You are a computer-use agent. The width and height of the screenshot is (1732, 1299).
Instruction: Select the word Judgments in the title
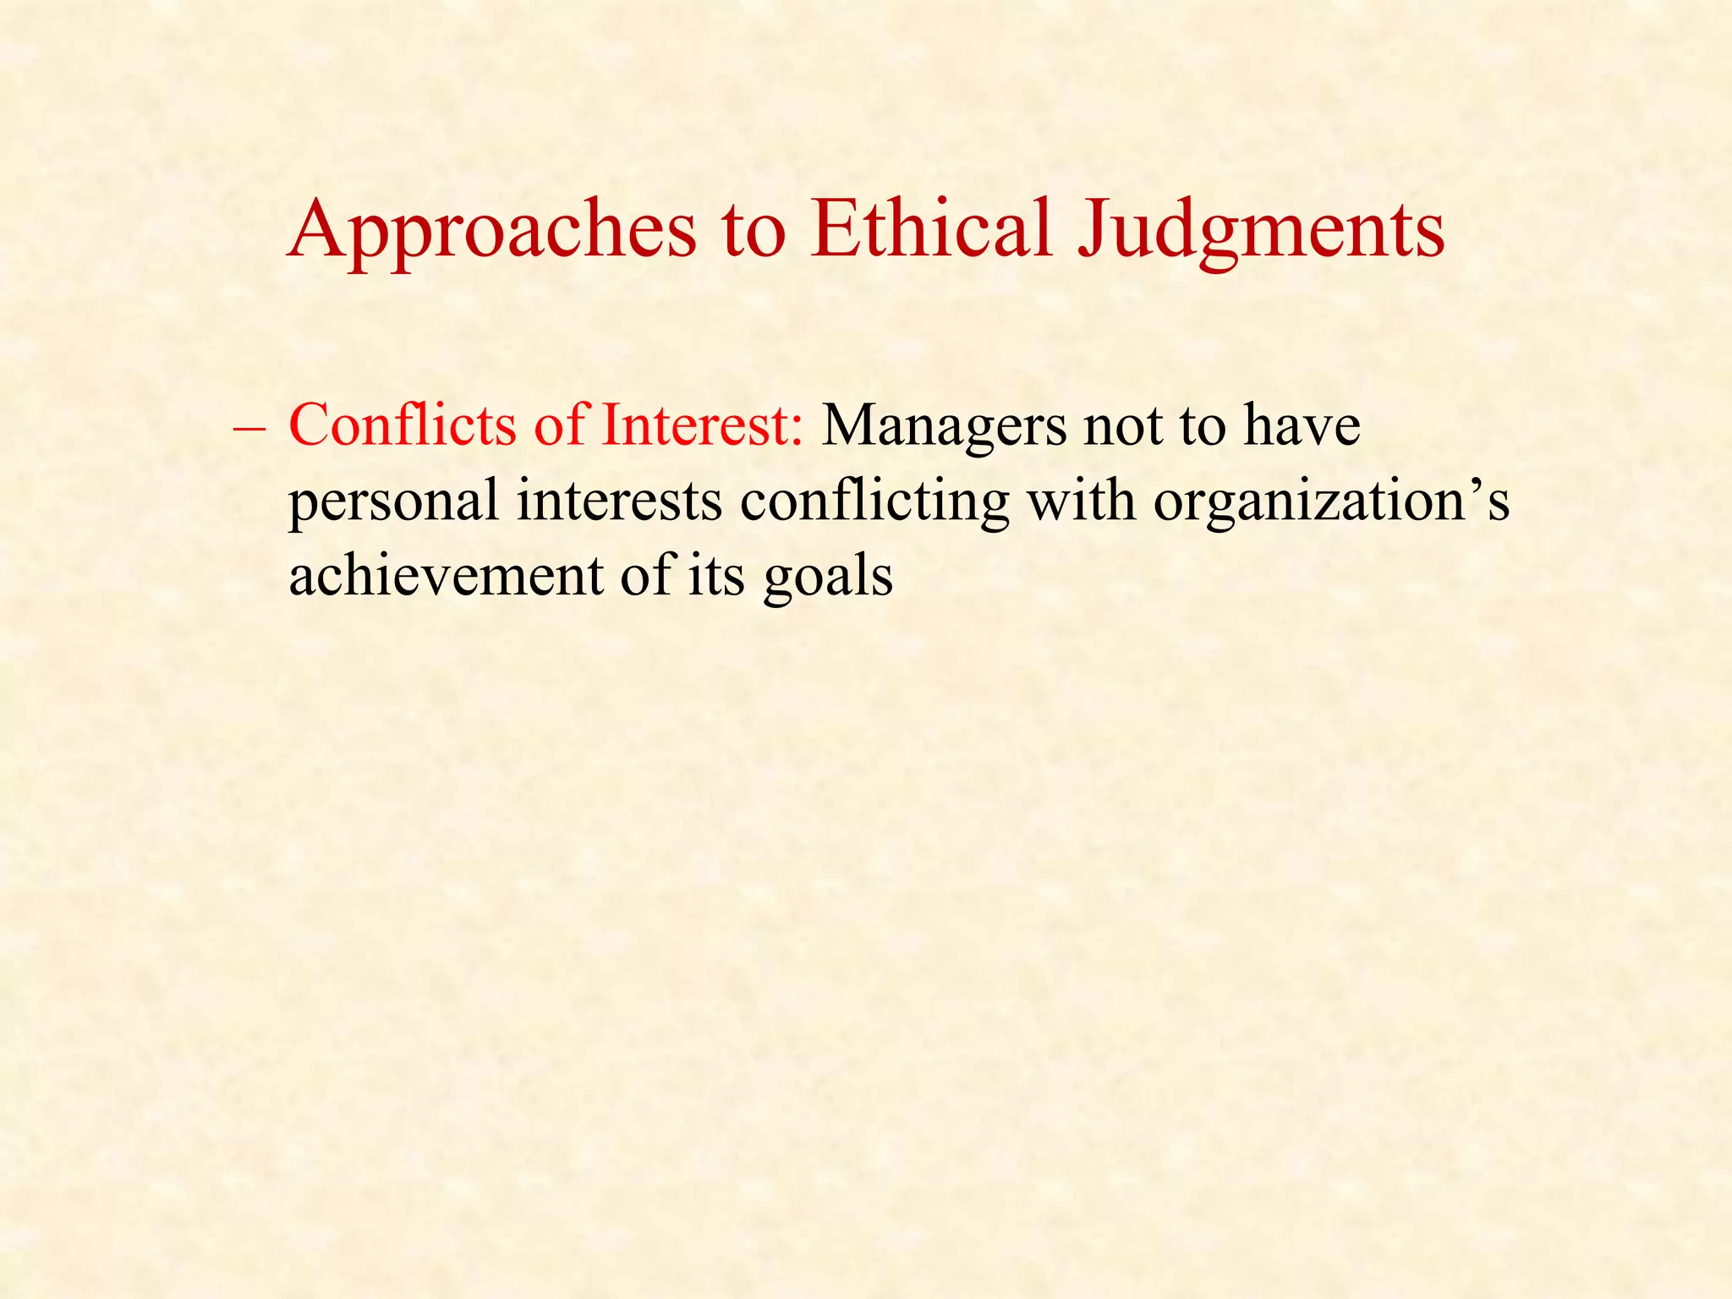point(1261,230)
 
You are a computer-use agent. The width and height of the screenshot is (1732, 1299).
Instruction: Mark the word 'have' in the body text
point(1302,425)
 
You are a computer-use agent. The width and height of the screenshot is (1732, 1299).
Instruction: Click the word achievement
point(445,575)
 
